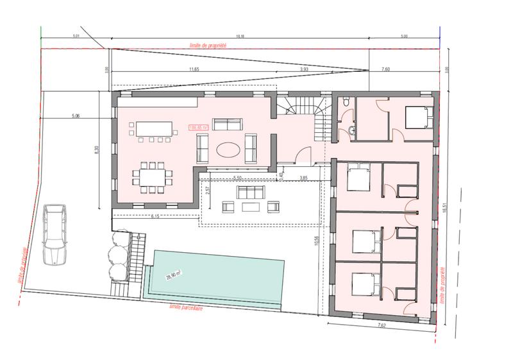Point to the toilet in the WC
tap(346, 103)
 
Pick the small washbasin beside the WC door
tap(353, 131)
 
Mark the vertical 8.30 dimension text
tap(97, 150)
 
